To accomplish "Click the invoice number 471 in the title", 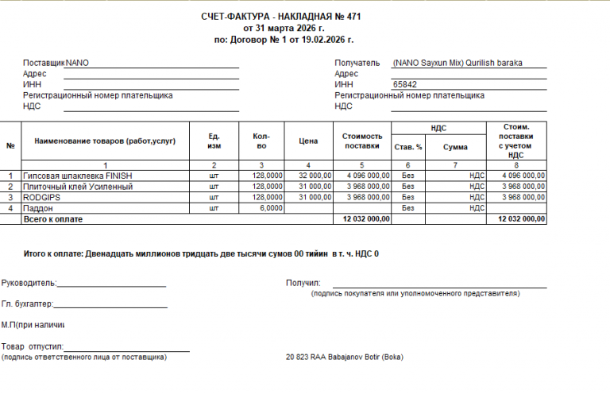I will coord(357,16).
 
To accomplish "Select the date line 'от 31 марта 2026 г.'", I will coord(284,27).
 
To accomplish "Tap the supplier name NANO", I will coord(77,63).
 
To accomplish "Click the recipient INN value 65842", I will coord(405,84).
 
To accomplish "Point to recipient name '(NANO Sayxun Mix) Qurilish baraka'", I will coord(457,63).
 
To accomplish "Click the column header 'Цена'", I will coord(308,141).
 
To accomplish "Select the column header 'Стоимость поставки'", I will coord(361,141).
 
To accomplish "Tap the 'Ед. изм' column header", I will coord(214,141).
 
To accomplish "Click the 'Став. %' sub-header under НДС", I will coord(408,147).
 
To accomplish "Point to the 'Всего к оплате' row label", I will coord(54,218).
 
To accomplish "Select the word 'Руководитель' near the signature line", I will coord(28,283).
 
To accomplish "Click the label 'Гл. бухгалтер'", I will coord(26,304).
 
